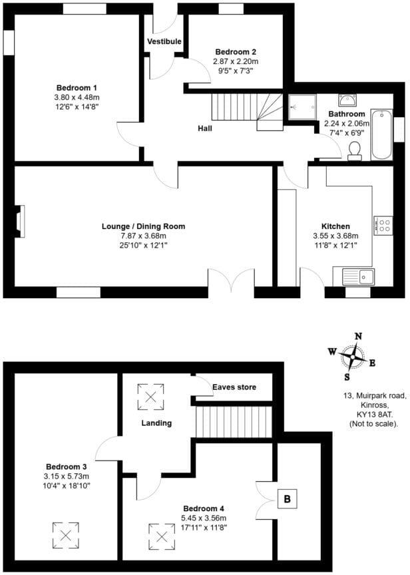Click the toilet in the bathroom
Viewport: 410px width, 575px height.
[354, 150]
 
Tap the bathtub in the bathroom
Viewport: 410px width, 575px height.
[381, 133]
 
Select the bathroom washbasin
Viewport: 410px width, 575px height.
[348, 100]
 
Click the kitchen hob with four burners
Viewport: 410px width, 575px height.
[384, 224]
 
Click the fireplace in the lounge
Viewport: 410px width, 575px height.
[19, 222]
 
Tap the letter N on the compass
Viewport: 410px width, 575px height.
[358, 337]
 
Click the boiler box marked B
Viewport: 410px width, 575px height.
[288, 498]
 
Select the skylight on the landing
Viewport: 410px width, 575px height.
[150, 397]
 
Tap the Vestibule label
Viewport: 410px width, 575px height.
[164, 41]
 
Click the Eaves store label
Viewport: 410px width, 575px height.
[234, 387]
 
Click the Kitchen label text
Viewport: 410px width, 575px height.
[335, 226]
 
